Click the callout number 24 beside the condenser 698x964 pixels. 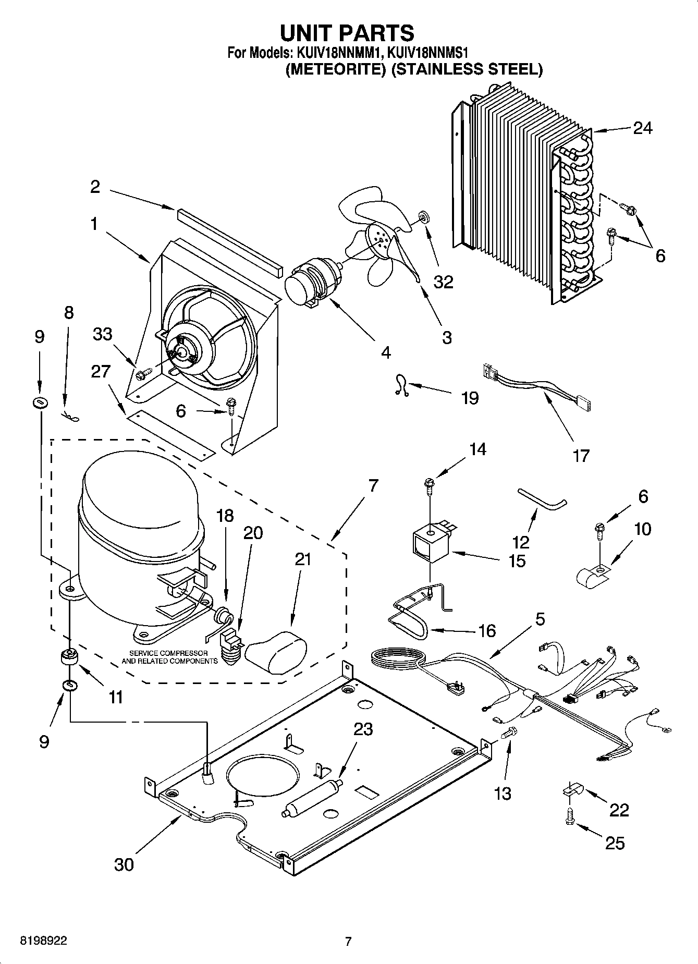pos(642,128)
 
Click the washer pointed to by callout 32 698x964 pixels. pos(423,215)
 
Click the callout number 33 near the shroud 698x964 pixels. pos(103,334)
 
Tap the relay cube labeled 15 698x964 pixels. pos(430,545)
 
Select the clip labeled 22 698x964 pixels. pos(572,790)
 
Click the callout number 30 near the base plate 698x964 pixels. pos(124,864)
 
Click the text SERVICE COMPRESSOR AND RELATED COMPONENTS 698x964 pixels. pos(169,657)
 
